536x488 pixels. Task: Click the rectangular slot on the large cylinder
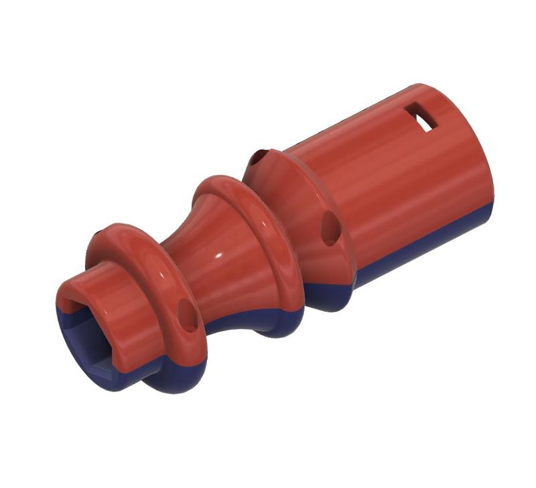(x=423, y=118)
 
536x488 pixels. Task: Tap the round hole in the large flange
(x=330, y=229)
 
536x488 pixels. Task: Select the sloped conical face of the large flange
(x=301, y=201)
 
